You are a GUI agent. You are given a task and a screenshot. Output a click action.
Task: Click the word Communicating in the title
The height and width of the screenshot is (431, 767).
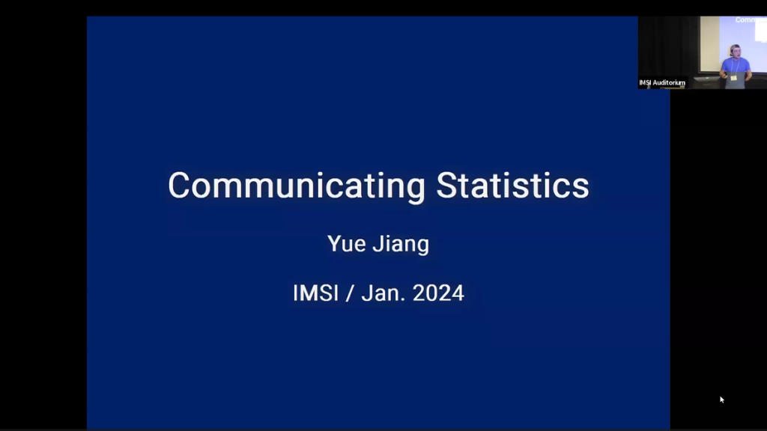(296, 186)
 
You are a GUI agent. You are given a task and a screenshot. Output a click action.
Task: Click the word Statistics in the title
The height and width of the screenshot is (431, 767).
(512, 186)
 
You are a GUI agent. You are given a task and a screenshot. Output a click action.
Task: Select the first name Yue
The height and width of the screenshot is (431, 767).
(345, 244)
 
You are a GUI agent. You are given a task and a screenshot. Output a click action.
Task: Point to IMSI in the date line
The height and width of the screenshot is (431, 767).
(315, 293)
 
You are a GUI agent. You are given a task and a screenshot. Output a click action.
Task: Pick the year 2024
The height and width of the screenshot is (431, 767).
(438, 293)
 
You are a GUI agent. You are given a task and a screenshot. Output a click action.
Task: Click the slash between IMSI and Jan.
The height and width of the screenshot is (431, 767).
(349, 293)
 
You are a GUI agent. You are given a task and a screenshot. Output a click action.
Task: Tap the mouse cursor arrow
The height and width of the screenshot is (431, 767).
(722, 400)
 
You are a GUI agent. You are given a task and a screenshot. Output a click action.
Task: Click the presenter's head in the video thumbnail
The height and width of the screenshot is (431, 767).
(735, 51)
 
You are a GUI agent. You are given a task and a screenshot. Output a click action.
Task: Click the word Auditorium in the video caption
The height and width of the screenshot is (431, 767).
(670, 83)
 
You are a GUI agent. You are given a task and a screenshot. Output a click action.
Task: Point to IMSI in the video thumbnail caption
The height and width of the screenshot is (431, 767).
(645, 83)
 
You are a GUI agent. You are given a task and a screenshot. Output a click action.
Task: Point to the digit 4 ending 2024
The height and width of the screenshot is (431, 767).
(458, 293)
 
